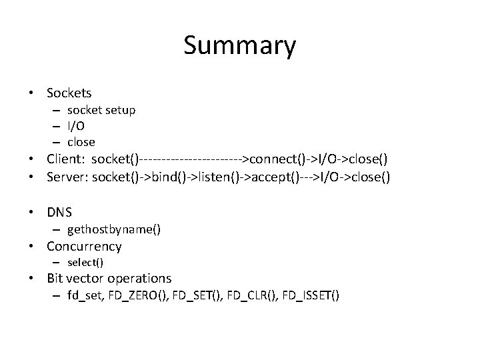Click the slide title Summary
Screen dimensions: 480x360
tap(239, 46)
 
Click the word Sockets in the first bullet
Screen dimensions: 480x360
tap(69, 93)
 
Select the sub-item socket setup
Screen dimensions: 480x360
tap(101, 110)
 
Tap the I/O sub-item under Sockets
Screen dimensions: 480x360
tap(76, 126)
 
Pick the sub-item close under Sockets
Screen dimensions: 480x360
tap(81, 142)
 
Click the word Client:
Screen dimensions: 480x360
tap(66, 159)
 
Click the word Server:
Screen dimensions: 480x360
tap(67, 177)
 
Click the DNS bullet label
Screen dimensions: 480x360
tap(59, 213)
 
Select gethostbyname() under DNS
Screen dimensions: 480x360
tap(114, 230)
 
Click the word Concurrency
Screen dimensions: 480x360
tap(84, 247)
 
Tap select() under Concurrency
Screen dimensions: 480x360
tap(85, 263)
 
